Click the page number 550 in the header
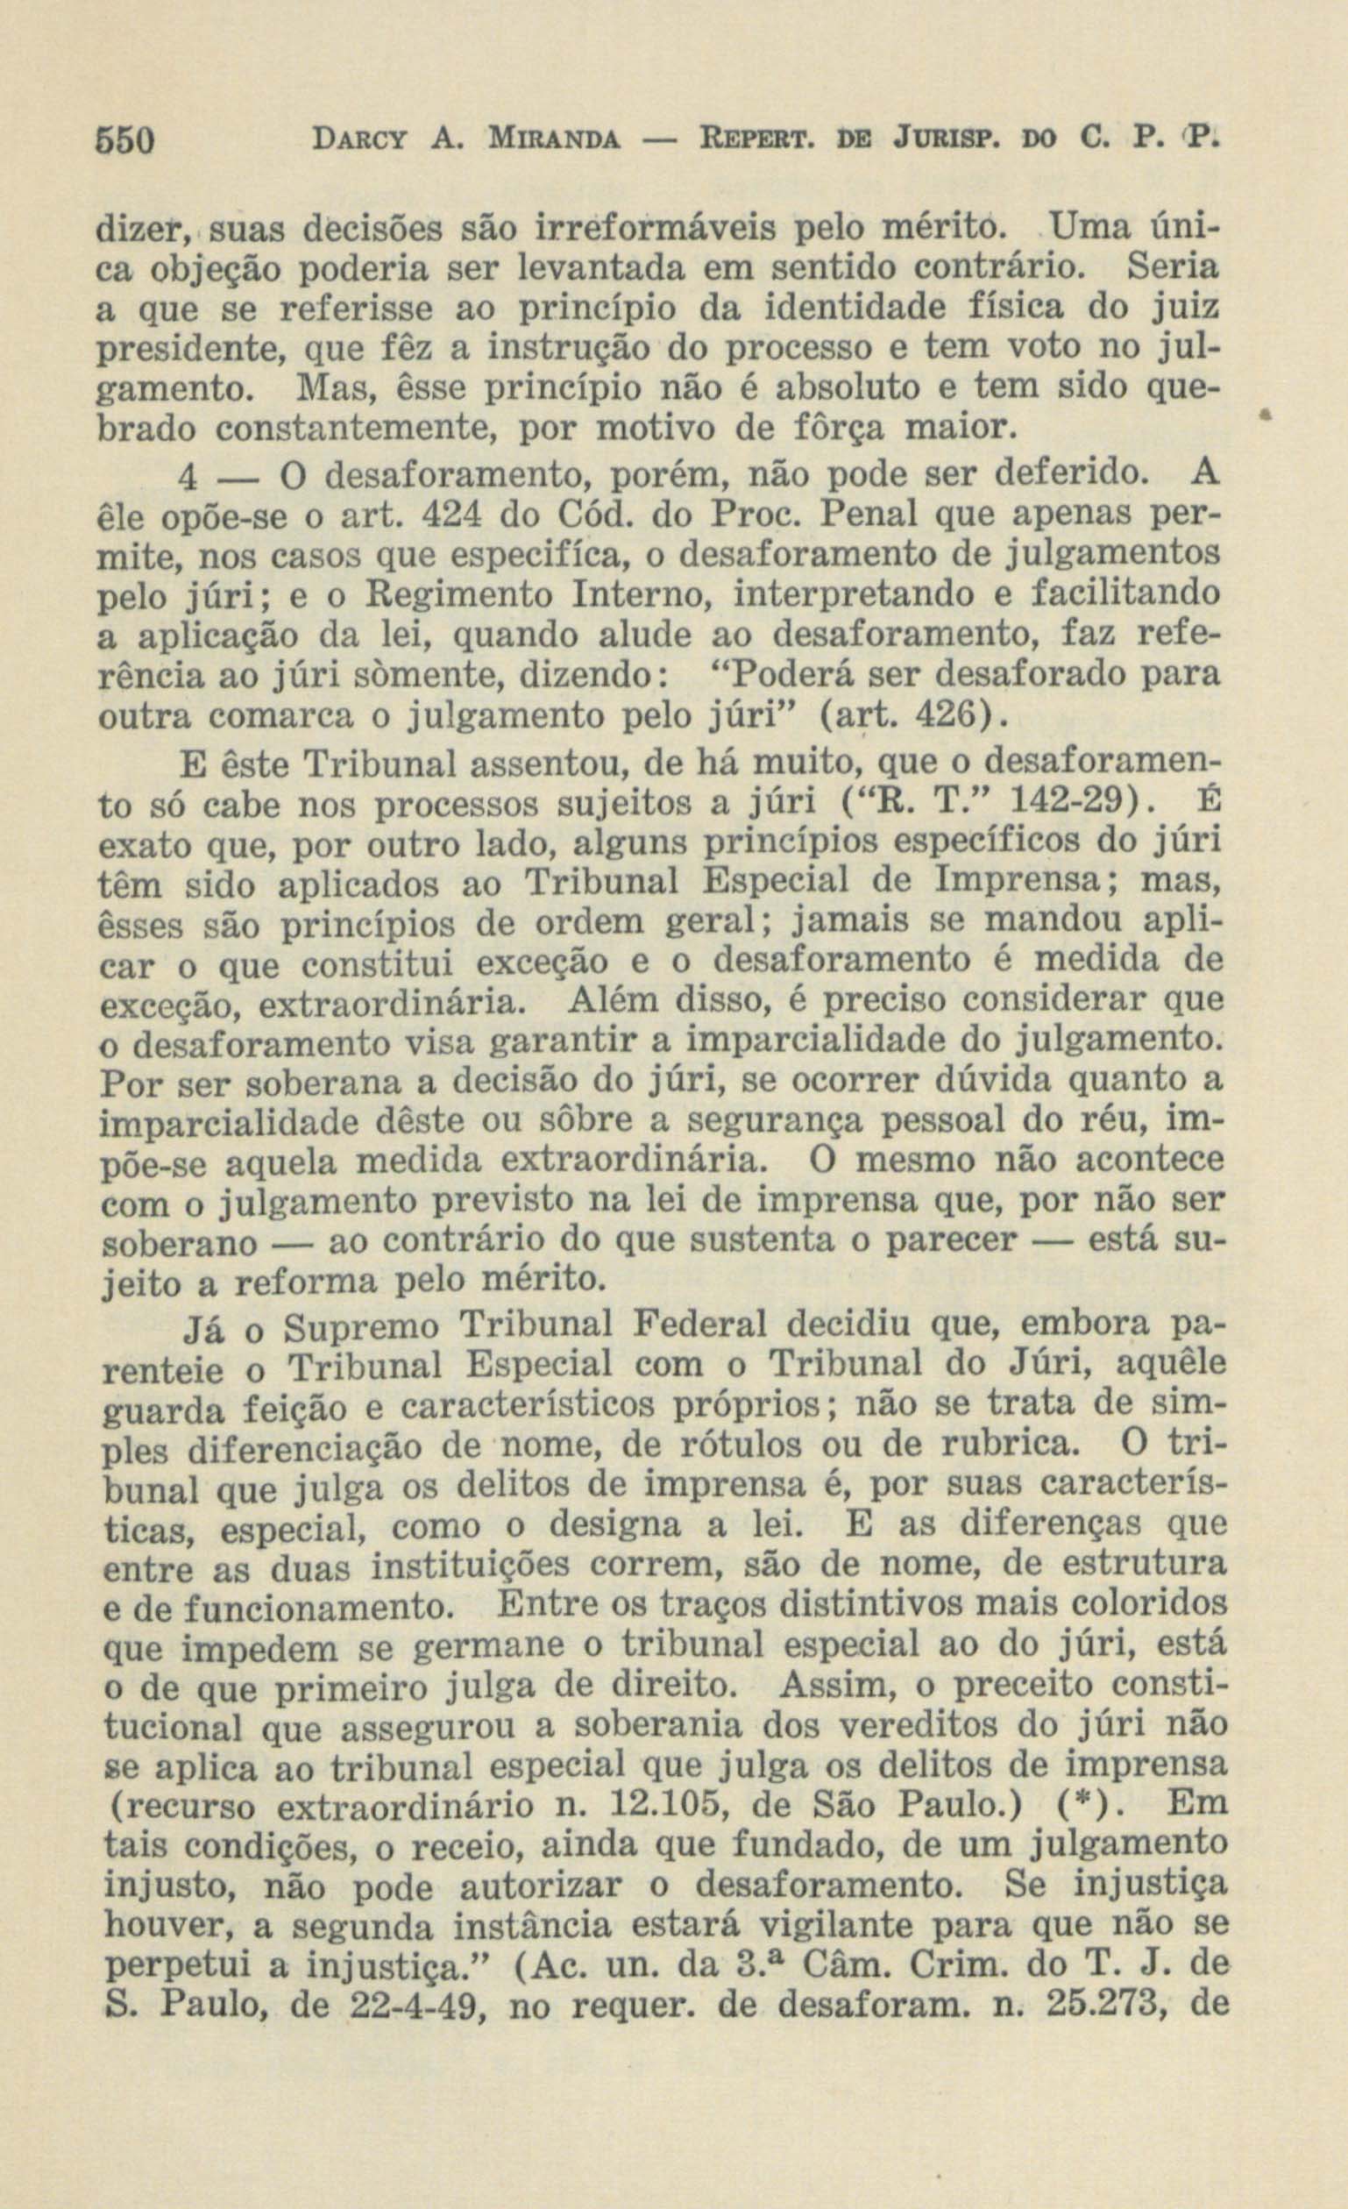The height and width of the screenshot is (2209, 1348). [x=124, y=142]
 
